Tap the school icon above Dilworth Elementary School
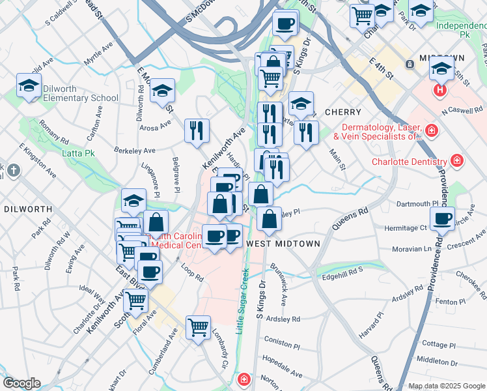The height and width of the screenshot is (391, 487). [29, 86]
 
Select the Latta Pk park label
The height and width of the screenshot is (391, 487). [76, 153]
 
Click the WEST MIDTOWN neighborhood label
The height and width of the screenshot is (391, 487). [285, 244]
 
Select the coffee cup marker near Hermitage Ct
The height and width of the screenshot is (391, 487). [443, 219]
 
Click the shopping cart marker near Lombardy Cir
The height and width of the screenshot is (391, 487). [198, 326]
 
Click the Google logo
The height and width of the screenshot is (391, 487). [21, 383]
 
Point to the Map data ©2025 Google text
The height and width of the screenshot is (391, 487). [447, 386]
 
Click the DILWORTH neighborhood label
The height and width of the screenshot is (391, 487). [27, 209]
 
